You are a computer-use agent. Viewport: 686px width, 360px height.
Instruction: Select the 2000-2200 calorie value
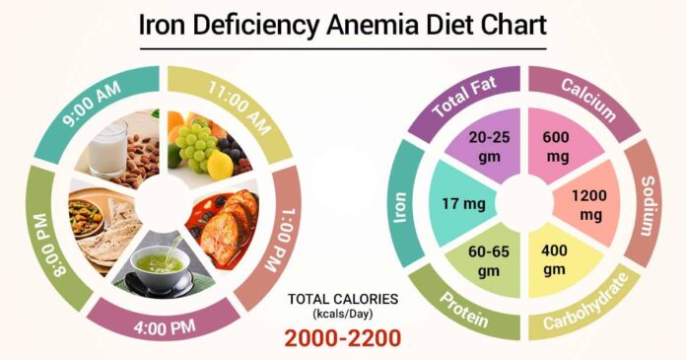pyautogui.click(x=342, y=338)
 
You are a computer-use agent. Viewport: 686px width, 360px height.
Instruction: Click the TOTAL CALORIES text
pyautogui.click(x=342, y=298)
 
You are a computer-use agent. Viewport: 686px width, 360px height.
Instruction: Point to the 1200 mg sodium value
pyautogui.click(x=592, y=205)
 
